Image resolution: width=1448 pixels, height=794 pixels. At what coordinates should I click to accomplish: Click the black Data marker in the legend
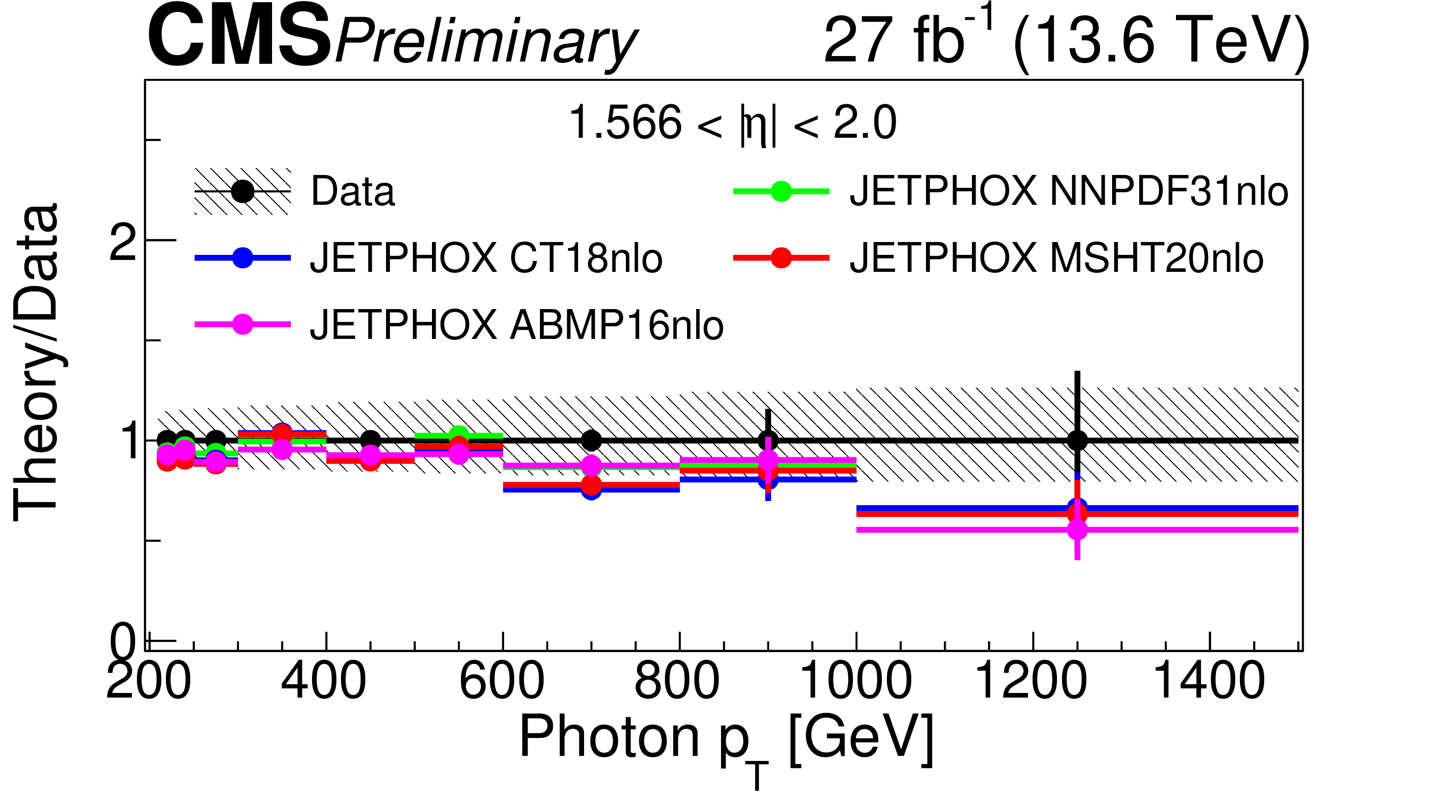pos(243,191)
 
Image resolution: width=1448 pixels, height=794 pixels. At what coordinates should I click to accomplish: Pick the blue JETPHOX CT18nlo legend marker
pos(243,257)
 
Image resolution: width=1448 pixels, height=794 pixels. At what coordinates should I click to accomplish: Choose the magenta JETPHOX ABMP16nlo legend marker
pos(243,324)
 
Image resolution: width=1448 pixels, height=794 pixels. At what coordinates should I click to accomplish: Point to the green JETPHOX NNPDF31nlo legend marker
pos(781,191)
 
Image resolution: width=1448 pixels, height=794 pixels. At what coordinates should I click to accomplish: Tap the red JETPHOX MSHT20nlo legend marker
pos(781,257)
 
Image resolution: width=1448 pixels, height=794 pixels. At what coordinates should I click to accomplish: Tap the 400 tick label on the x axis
pos(324,681)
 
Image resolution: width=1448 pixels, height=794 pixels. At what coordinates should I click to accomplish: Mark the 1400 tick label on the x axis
pos(1209,681)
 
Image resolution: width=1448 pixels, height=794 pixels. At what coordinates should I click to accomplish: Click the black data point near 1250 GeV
pos(1077,440)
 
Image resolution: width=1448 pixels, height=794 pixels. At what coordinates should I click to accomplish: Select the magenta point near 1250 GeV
pos(1077,529)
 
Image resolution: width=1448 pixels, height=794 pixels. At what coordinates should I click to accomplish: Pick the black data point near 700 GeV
pos(591,440)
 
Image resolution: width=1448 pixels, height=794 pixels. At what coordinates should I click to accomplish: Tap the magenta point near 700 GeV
pos(591,465)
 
